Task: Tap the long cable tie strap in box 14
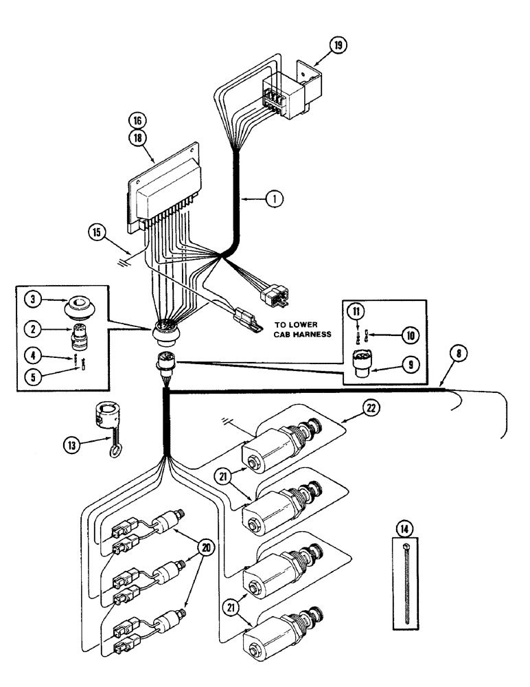[x=408, y=584]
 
